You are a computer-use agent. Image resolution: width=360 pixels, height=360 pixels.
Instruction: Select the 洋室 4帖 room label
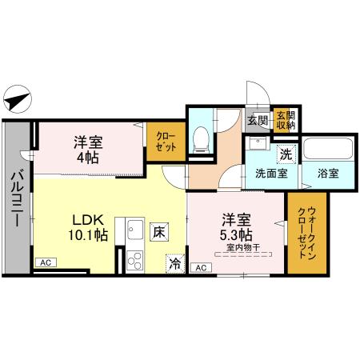[x=87, y=149]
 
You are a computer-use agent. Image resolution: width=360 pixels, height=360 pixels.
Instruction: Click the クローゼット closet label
[x=166, y=141]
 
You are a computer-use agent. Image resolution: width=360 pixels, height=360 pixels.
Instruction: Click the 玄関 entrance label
[x=256, y=121]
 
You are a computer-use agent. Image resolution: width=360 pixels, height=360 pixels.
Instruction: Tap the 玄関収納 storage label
[x=286, y=120]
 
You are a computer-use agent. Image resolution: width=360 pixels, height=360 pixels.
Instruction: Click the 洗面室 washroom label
[x=271, y=172]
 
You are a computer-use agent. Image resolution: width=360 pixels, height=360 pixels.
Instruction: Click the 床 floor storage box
[x=158, y=231]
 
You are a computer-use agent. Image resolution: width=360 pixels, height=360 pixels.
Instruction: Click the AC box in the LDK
[x=46, y=262]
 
